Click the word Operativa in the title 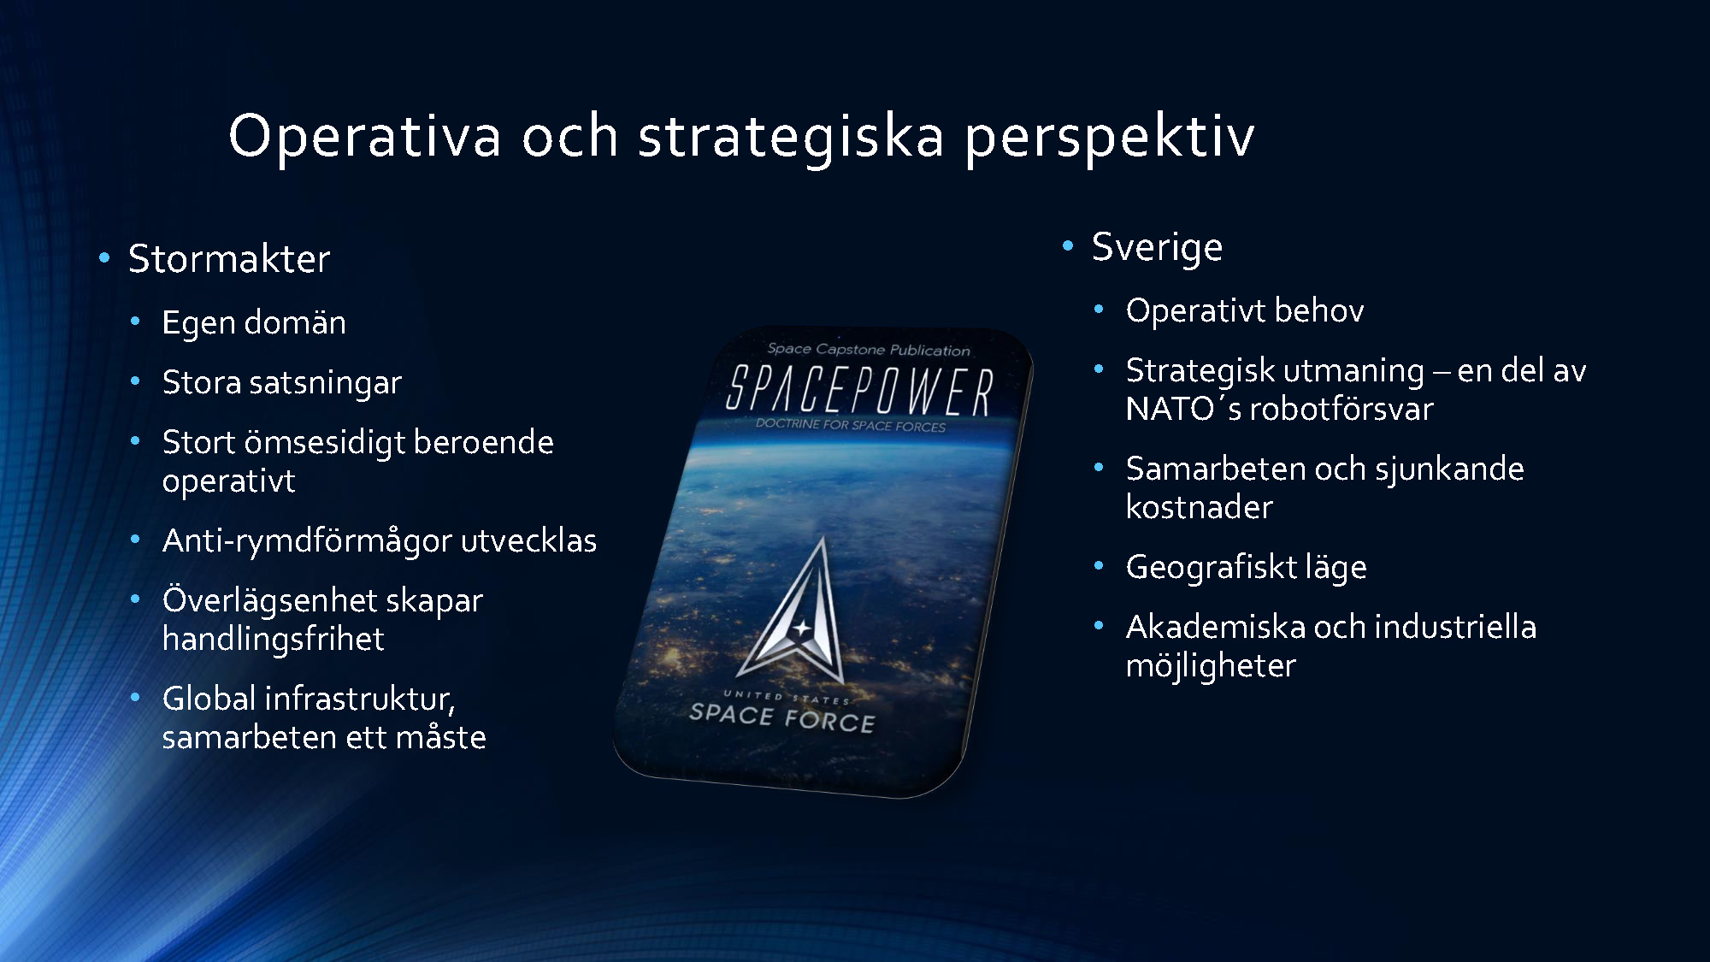pos(365,136)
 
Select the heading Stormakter pos(229,258)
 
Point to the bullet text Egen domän pos(254,323)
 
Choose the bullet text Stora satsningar pos(282,383)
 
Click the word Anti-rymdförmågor pos(307,541)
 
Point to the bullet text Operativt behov pos(1245,311)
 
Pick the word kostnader pos(1200,507)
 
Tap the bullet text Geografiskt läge pos(1247,568)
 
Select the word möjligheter pos(1211,666)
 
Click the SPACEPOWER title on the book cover pos(859,392)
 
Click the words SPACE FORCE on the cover pos(782,717)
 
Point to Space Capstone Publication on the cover pos(869,349)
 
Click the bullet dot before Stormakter pos(104,257)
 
